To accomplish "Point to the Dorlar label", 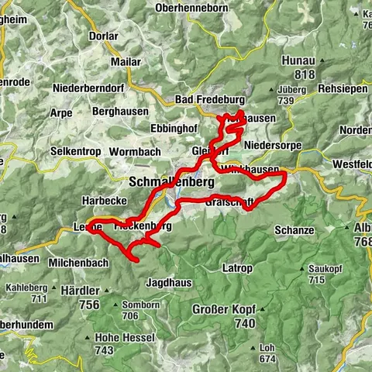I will tap(102, 36).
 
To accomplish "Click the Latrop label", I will tap(237, 268).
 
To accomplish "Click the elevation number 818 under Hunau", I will tap(304, 74).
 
